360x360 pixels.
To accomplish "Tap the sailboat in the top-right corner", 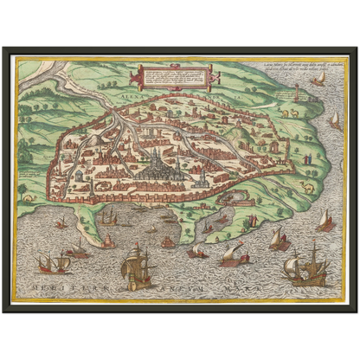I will coord(319,79).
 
